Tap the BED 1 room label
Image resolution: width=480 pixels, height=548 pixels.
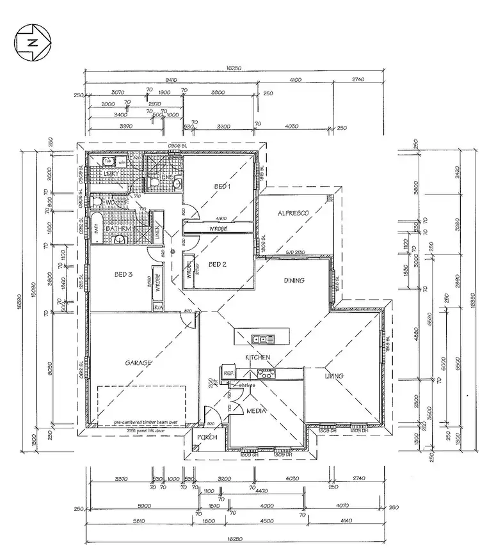[222, 187]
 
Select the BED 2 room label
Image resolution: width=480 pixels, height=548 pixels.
[218, 264]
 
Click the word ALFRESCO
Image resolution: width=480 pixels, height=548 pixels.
[293, 213]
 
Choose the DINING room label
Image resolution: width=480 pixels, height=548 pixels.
[294, 280]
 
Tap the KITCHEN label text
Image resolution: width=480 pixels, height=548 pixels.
[258, 356]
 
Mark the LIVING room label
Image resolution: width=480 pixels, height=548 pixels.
[333, 376]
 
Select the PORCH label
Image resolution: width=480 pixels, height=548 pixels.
[207, 437]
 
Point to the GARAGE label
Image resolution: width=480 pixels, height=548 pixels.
[138, 363]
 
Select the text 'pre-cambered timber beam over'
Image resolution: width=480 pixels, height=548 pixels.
[146, 423]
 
